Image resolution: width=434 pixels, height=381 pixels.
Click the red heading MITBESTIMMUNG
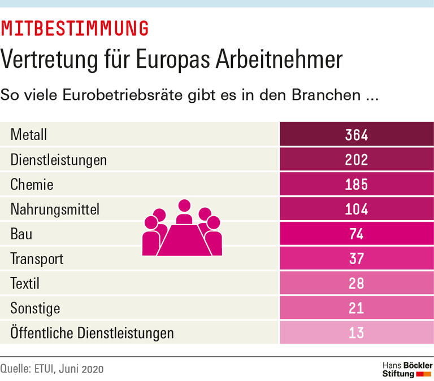pyautogui.click(x=75, y=28)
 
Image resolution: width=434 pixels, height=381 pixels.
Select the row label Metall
pyautogui.click(x=29, y=135)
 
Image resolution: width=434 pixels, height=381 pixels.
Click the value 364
pyautogui.click(x=357, y=135)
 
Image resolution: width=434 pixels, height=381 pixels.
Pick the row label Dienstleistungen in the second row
pyautogui.click(x=59, y=160)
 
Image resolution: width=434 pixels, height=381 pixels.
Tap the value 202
pyautogui.click(x=357, y=160)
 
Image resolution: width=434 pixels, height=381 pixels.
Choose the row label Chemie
pyautogui.click(x=32, y=185)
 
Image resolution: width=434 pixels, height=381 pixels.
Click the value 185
pyautogui.click(x=357, y=185)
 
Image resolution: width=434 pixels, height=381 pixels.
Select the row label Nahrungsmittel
pyautogui.click(x=55, y=209)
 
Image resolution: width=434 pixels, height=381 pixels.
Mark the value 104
pyautogui.click(x=357, y=209)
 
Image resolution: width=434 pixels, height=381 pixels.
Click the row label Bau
pyautogui.click(x=21, y=234)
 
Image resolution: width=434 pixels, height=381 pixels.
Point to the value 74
pyautogui.click(x=357, y=234)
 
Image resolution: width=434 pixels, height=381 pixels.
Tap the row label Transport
pyautogui.click(x=37, y=259)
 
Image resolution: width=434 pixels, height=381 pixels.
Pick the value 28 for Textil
pyautogui.click(x=357, y=283)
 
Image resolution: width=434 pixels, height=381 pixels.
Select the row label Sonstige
pyautogui.click(x=35, y=308)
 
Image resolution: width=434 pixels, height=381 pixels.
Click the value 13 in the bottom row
pyautogui.click(x=357, y=333)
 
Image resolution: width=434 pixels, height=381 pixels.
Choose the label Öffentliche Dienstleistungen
pyautogui.click(x=92, y=333)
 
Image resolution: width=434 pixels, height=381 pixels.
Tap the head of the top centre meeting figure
pyautogui.click(x=184, y=206)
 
